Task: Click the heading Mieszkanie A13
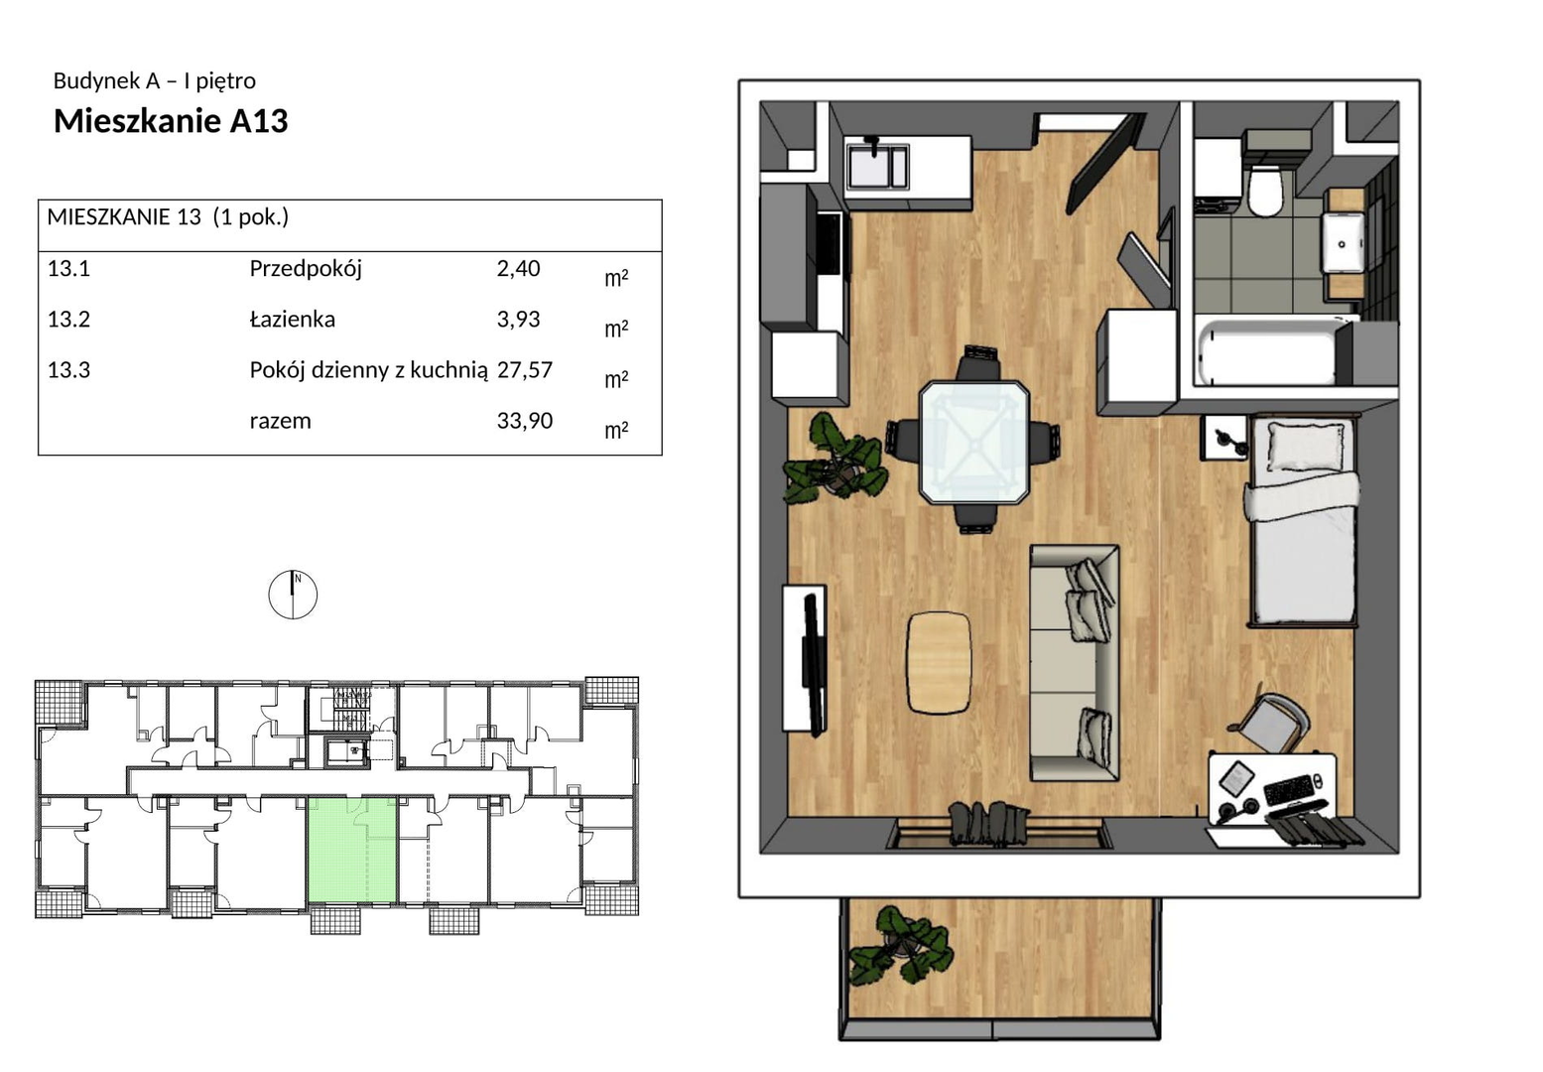click(x=171, y=120)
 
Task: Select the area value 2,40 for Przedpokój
click(x=518, y=269)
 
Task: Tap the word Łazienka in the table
click(x=292, y=319)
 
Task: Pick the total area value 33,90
click(x=524, y=420)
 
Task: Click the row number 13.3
click(x=68, y=370)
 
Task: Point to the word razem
click(x=281, y=421)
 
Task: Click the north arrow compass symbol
click(x=293, y=595)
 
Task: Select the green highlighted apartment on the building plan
click(x=352, y=850)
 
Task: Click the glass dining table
click(x=974, y=443)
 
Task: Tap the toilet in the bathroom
click(x=1266, y=191)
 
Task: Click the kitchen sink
click(x=876, y=166)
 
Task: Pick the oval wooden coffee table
click(x=939, y=662)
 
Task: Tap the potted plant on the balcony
click(x=901, y=945)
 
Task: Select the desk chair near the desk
click(x=1271, y=724)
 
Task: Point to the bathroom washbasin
click(x=1342, y=242)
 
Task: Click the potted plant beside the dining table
click(x=835, y=458)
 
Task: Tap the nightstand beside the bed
click(x=1224, y=438)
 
